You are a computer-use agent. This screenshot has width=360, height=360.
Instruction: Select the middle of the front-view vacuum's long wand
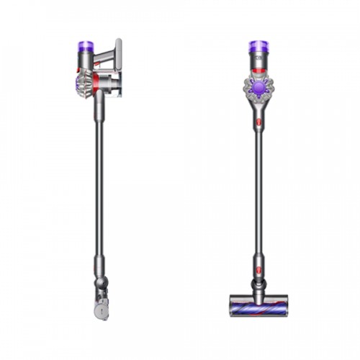pos(257,194)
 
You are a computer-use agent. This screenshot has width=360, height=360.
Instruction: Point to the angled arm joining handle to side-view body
pos(101,54)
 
